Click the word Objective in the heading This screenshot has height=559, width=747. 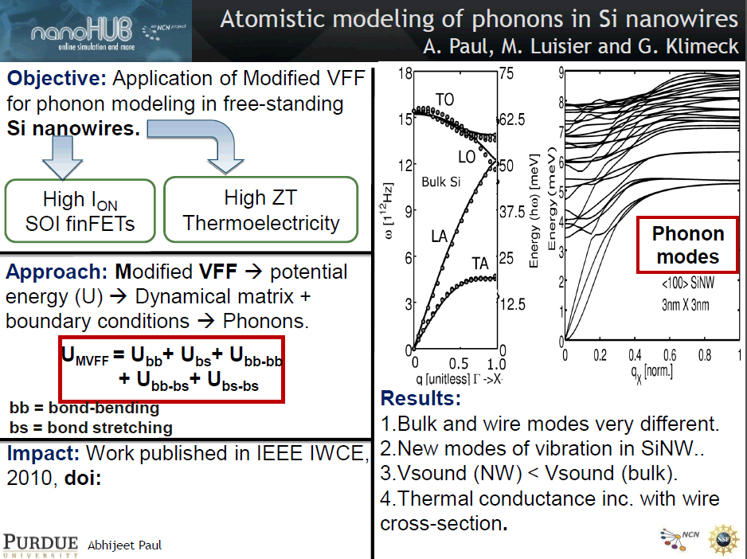pyautogui.click(x=57, y=78)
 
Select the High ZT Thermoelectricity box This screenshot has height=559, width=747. pyautogui.click(x=260, y=209)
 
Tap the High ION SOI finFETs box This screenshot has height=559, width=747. pyautogui.click(x=80, y=211)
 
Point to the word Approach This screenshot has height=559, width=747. pyautogui.click(x=57, y=272)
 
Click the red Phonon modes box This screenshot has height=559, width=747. pyautogui.click(x=687, y=245)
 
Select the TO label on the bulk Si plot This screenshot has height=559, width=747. pyautogui.click(x=444, y=99)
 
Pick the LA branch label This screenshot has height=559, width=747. pyautogui.click(x=439, y=236)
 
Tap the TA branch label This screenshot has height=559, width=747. pyautogui.click(x=480, y=263)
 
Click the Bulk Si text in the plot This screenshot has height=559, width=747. pyautogui.click(x=440, y=182)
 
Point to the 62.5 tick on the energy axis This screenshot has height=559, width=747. pyautogui.click(x=512, y=119)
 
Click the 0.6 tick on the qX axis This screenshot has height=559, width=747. pyautogui.click(x=669, y=355)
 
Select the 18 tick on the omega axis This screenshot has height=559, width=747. pyautogui.click(x=405, y=73)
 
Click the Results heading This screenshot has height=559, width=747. pyautogui.click(x=420, y=398)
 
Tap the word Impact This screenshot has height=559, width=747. pyautogui.click(x=43, y=453)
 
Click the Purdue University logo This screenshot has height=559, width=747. pyautogui.click(x=41, y=545)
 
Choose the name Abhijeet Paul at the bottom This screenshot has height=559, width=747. pyautogui.click(x=125, y=545)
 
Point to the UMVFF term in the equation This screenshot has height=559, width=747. pyautogui.click(x=85, y=356)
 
